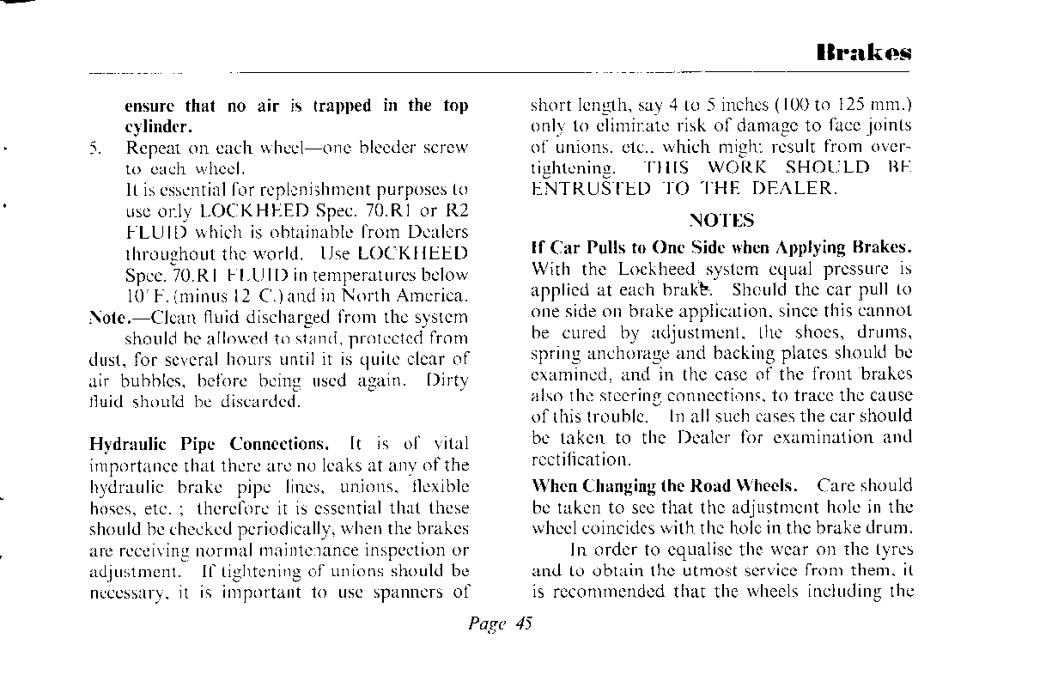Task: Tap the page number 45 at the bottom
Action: (525, 624)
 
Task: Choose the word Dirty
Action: (447, 381)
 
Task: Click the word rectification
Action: (581, 459)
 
